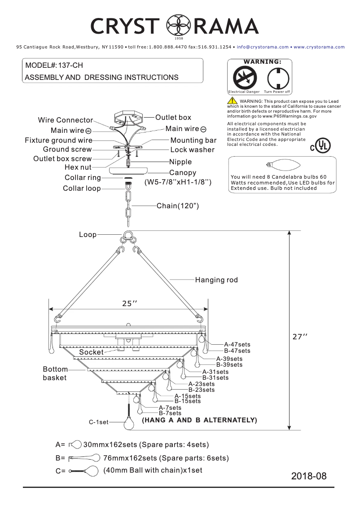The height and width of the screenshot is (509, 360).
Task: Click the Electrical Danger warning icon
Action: coord(244,78)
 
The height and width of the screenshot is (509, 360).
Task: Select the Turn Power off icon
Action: coord(277,78)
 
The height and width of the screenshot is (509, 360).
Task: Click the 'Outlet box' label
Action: coord(173,118)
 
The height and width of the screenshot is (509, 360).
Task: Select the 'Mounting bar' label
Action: coord(193,140)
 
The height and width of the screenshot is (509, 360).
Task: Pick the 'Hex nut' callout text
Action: coord(78,167)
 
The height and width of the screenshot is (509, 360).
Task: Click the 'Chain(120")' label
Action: coord(178,206)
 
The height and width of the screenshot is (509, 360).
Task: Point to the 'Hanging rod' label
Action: coord(216,280)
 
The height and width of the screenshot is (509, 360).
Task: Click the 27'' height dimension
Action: coord(300,337)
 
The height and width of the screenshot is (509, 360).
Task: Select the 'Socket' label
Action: coord(91,352)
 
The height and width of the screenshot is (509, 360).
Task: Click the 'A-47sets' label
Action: coord(237,345)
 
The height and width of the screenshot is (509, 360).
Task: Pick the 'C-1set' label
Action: coord(99,422)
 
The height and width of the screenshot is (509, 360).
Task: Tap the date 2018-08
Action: coord(309,476)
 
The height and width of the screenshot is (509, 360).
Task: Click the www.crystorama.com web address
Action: coord(319,47)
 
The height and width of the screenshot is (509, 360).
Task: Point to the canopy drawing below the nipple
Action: coord(129,173)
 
